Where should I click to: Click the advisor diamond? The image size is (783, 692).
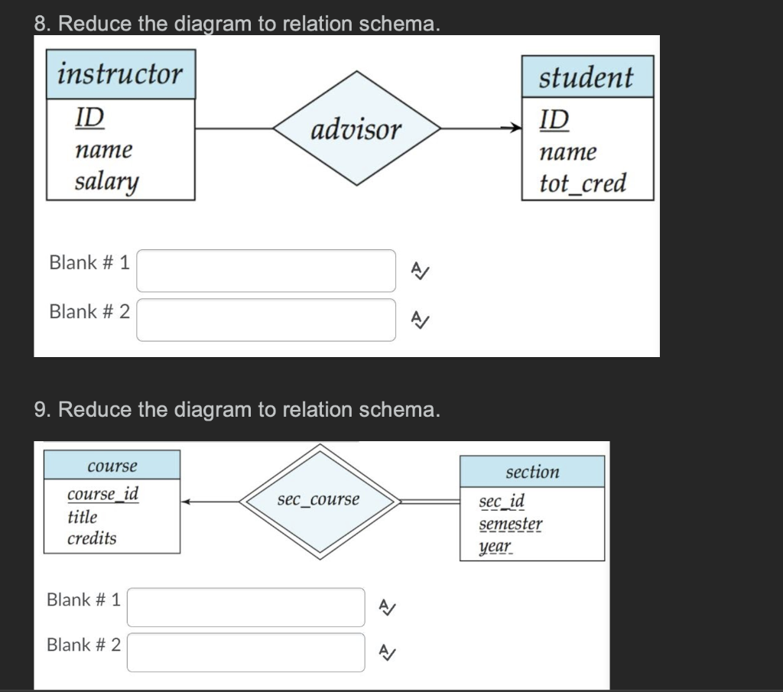[356, 129]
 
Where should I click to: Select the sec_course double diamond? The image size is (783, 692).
[318, 500]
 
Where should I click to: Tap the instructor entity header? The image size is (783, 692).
[121, 75]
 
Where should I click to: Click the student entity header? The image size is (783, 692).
[586, 77]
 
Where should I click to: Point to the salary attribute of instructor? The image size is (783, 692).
[106, 182]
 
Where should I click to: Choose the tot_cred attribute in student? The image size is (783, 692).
[583, 184]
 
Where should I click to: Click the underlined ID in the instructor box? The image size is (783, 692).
[89, 118]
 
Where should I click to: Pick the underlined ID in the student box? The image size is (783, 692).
[554, 119]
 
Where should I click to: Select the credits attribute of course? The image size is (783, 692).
[92, 538]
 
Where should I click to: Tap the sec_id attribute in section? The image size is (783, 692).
[502, 502]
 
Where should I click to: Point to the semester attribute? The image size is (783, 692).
[511, 525]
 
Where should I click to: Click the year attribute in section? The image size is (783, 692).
[495, 547]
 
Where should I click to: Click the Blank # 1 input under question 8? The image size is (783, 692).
[266, 271]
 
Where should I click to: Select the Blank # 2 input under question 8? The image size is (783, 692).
[266, 320]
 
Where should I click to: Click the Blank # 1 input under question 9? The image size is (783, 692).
[245, 607]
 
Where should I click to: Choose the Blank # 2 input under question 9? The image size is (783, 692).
[245, 652]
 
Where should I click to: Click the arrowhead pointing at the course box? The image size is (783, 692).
[187, 502]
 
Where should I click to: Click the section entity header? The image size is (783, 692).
[532, 472]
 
